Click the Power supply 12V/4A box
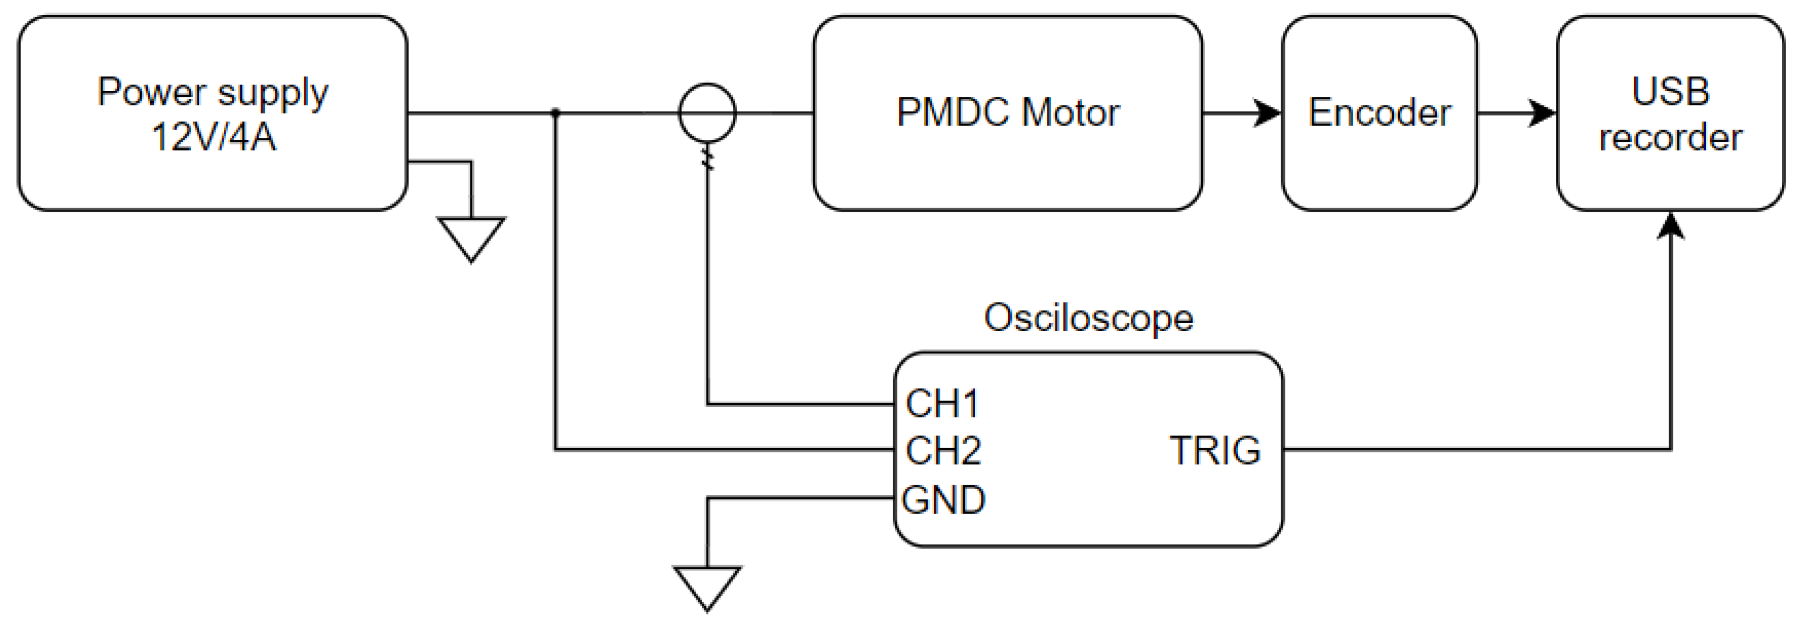click(212, 113)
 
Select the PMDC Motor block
click(1007, 113)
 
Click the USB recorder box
click(1670, 113)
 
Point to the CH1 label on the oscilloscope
click(941, 404)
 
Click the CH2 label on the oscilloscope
click(942, 451)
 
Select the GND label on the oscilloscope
click(943, 500)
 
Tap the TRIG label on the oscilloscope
click(1215, 451)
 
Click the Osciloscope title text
click(1088, 318)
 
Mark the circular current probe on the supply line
click(707, 113)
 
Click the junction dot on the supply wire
click(555, 113)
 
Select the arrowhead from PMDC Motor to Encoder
click(1267, 113)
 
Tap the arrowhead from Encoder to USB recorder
click(1542, 113)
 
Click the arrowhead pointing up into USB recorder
click(1670, 225)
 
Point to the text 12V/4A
click(213, 137)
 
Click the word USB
click(1670, 91)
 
